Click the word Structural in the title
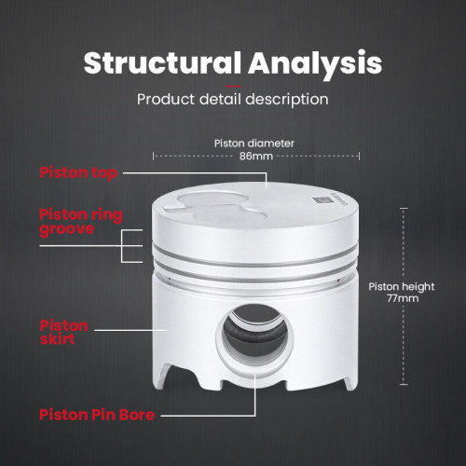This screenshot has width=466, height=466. (162, 62)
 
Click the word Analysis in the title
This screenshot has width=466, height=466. (315, 64)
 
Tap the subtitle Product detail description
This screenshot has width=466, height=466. (233, 100)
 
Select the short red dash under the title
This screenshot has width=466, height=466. (233, 86)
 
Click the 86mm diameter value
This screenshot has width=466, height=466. (255, 156)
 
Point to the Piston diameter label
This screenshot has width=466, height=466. (254, 144)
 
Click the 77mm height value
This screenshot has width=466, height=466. (403, 298)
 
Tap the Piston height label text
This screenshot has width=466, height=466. (402, 286)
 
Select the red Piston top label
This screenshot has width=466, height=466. (78, 172)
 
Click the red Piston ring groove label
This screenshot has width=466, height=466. (81, 222)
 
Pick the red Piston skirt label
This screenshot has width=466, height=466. (63, 332)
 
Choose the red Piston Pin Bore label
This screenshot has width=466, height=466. (97, 415)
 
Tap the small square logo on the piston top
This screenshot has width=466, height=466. (320, 199)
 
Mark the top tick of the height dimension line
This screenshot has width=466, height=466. (404, 208)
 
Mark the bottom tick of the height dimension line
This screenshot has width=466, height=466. (404, 385)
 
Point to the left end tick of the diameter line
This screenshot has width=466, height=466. (153, 156)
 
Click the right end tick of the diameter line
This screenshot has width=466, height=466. (359, 156)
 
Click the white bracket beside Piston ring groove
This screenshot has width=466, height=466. (122, 246)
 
